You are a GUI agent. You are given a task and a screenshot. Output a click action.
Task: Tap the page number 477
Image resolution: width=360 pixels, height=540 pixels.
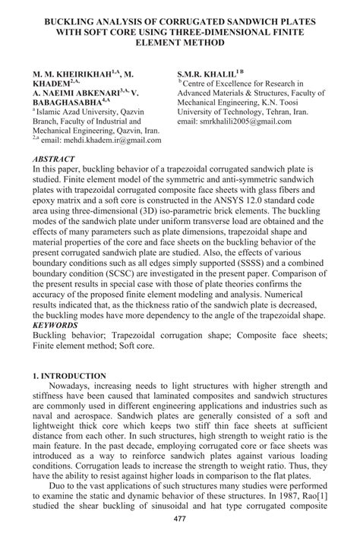[180, 518]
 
